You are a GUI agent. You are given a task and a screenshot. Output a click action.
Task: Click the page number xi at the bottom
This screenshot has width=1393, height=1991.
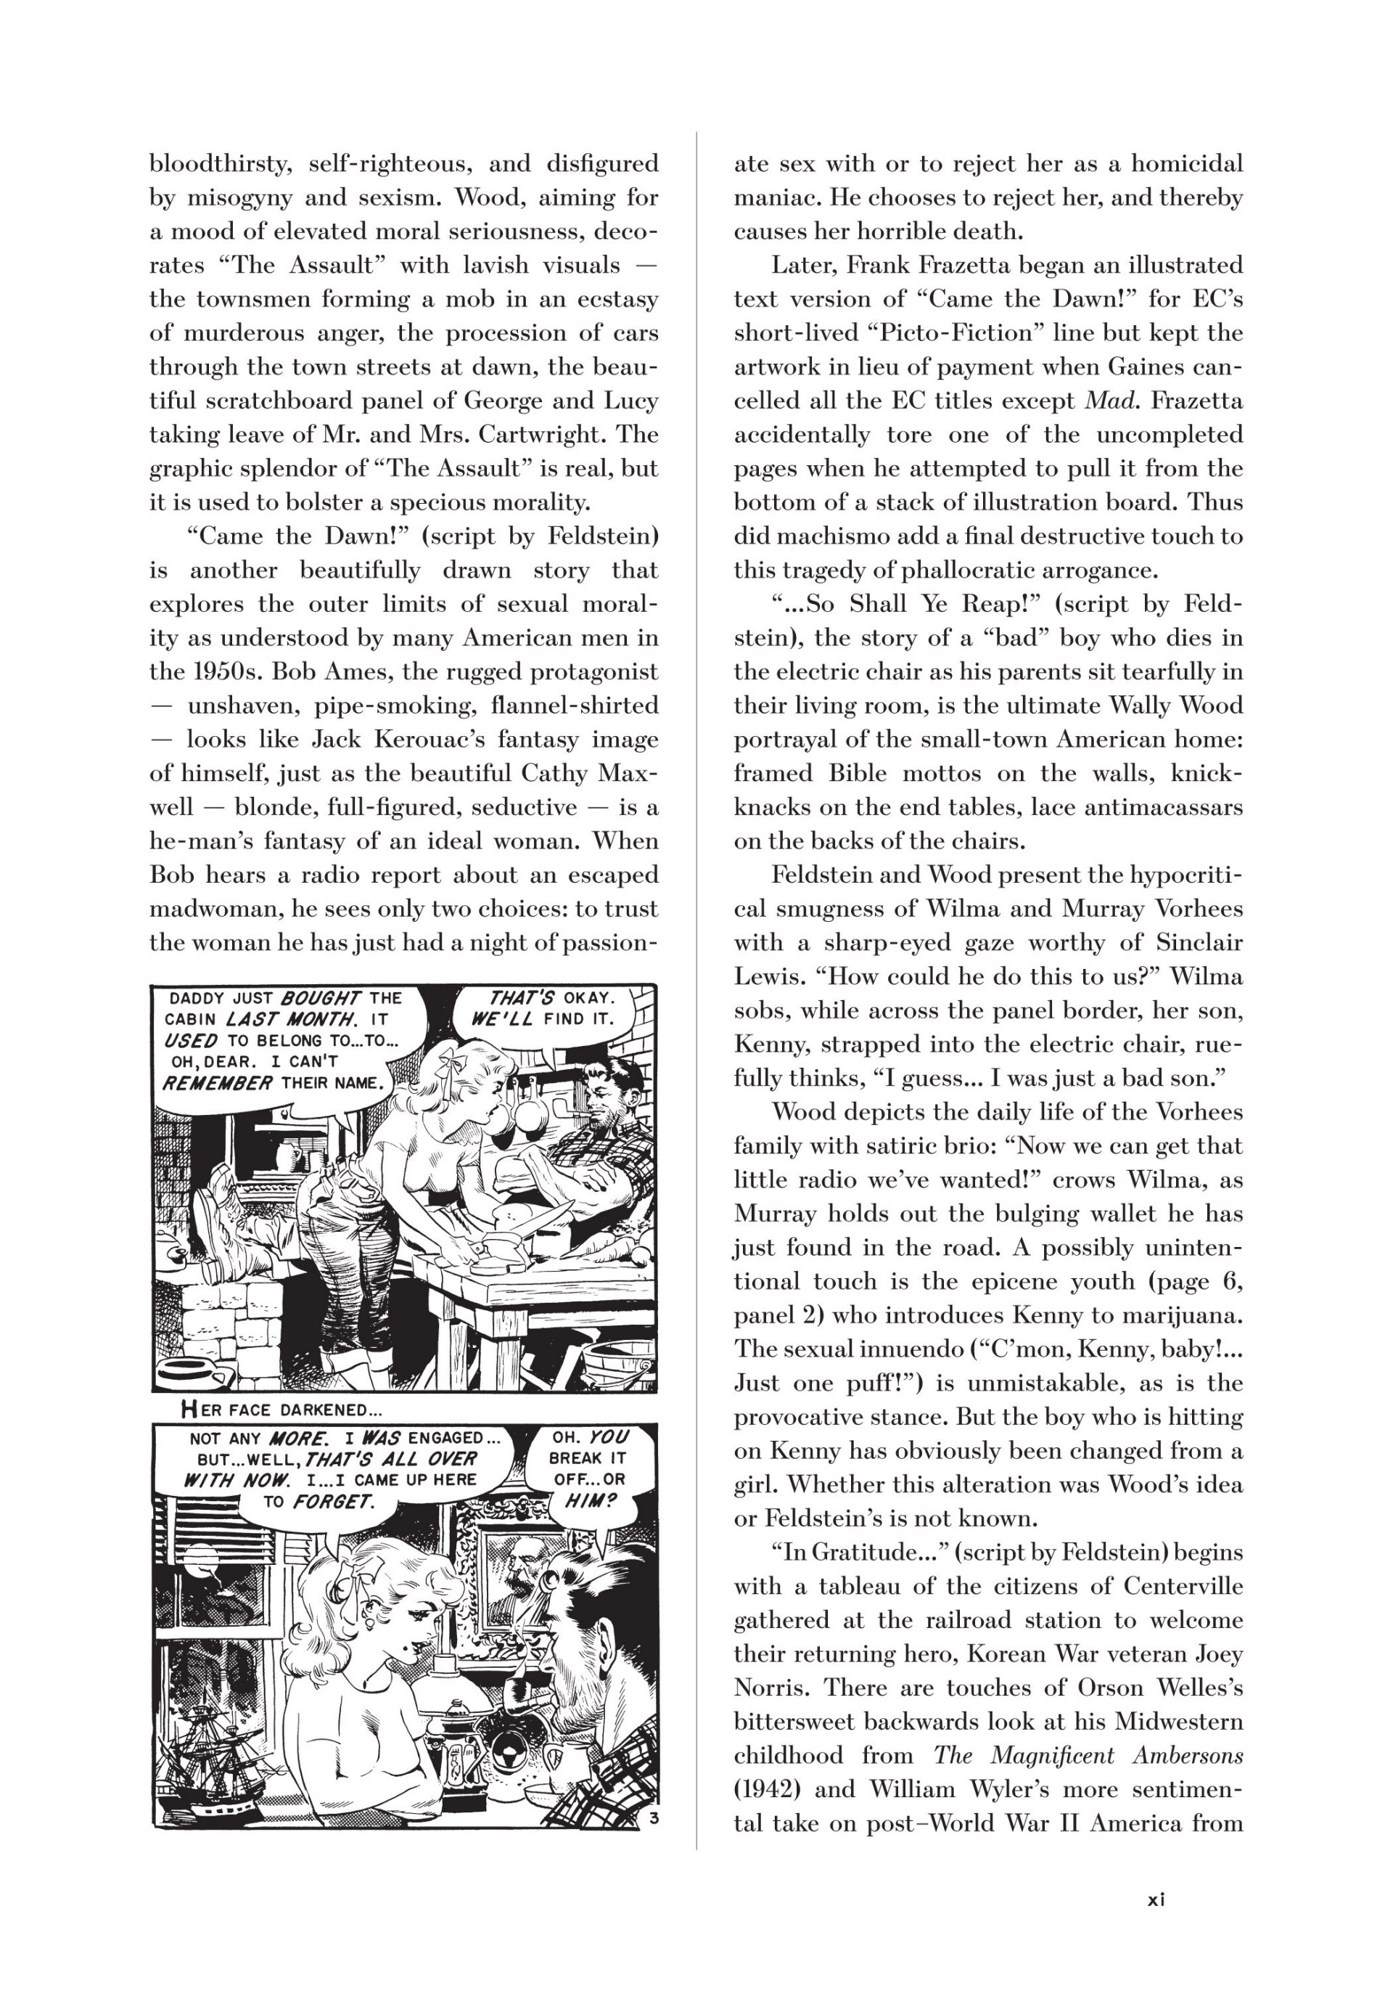1156,1899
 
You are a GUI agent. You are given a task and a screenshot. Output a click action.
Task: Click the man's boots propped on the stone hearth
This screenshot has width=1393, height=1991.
217,1210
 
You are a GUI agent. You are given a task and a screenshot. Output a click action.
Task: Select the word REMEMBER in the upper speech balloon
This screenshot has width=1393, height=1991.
218,1083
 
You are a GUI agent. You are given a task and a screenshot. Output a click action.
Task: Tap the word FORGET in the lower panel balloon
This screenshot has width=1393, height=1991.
333,1501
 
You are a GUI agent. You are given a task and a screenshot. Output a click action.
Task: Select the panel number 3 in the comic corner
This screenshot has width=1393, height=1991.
654,1818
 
